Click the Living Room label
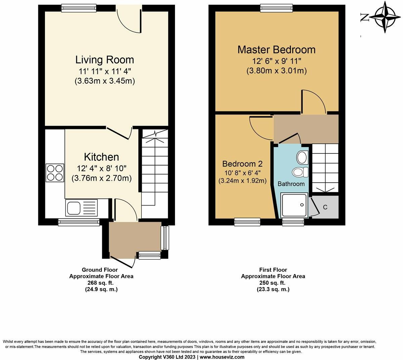tap(104, 60)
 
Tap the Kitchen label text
tap(101, 157)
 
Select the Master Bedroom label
tap(276, 50)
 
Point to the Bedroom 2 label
tap(242, 164)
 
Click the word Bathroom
tap(291, 184)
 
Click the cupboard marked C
tap(325, 207)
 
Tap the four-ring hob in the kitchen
tap(55, 172)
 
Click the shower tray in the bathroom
tap(294, 205)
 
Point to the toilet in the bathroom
tap(300, 172)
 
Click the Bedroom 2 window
tap(247, 221)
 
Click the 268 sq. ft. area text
tap(101, 283)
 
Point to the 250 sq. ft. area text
tap(273, 283)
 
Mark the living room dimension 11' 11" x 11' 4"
tap(104, 71)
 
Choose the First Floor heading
tap(273, 270)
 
